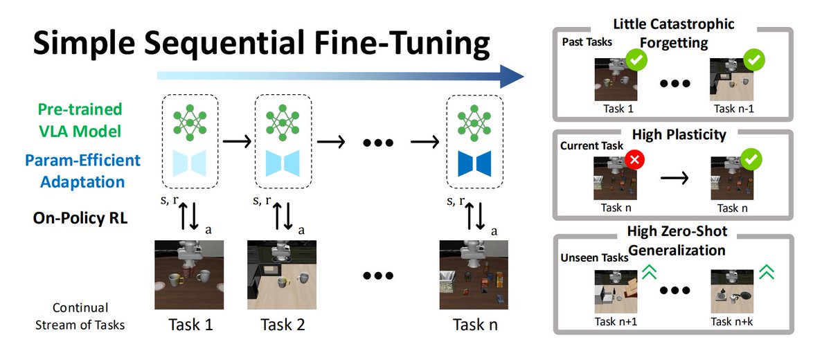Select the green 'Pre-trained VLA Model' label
(x=70, y=119)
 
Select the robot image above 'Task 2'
(x=281, y=274)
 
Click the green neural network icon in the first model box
(x=189, y=120)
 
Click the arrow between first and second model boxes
(x=236, y=142)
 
